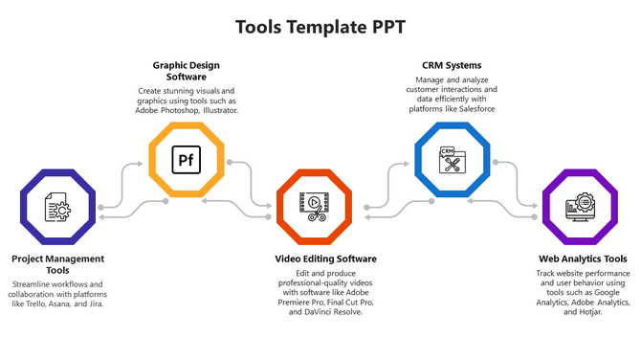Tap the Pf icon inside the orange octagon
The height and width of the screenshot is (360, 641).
point(186,159)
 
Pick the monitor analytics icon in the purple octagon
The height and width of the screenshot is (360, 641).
point(579,206)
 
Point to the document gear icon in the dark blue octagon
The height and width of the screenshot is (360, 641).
point(57,206)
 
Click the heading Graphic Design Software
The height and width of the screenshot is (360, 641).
point(186,71)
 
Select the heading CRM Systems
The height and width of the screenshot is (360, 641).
point(450,65)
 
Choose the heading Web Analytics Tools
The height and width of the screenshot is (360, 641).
point(582,259)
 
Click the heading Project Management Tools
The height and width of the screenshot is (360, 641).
point(57,264)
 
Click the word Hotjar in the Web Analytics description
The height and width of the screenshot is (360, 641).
point(589,312)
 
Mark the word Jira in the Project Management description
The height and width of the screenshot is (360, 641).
point(95,304)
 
